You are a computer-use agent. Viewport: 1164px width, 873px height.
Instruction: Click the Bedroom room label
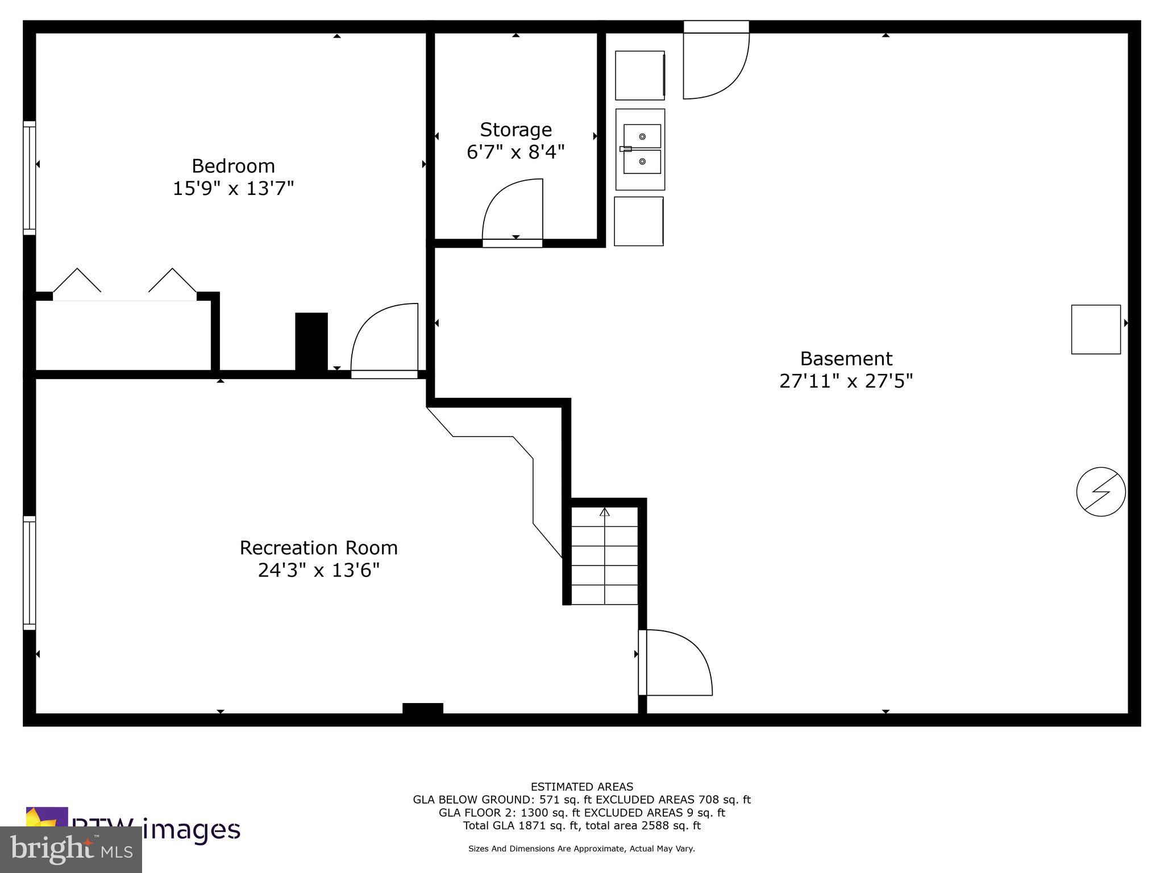click(233, 166)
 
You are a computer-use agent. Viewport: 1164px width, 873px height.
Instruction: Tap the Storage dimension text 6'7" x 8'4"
click(516, 152)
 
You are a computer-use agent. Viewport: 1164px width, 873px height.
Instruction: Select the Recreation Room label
click(318, 548)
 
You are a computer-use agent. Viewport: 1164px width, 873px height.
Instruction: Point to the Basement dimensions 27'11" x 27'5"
click(846, 381)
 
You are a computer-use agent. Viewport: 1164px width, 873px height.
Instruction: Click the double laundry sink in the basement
click(641, 149)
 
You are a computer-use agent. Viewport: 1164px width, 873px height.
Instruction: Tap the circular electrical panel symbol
click(1101, 492)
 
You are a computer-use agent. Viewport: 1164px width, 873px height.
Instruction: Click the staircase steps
click(604, 557)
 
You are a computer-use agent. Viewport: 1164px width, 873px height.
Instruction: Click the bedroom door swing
click(384, 339)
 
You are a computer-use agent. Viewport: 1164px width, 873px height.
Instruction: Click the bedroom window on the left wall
click(29, 177)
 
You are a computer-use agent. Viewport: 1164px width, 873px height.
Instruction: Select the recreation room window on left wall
click(29, 572)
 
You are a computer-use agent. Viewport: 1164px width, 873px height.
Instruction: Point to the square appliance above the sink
click(640, 75)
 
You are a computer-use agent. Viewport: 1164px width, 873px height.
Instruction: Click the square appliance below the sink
click(639, 222)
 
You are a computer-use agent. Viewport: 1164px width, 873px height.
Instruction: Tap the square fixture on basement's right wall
click(1096, 329)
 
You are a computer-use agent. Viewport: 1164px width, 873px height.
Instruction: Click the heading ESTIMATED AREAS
click(581, 787)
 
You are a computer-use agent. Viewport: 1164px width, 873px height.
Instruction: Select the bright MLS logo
click(71, 849)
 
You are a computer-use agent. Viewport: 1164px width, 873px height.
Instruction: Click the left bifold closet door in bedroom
click(77, 281)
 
